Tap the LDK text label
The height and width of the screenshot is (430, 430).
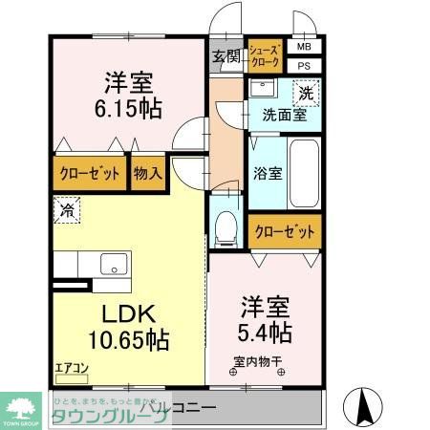[126, 313]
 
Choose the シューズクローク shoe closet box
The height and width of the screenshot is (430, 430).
[265, 56]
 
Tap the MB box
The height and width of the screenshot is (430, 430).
[303, 47]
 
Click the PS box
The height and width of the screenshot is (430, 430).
[303, 65]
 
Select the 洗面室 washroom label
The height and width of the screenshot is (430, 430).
[284, 116]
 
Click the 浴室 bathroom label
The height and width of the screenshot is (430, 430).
[268, 174]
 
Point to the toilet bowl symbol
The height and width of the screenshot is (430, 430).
[225, 226]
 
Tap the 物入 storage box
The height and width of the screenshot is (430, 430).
[147, 174]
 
